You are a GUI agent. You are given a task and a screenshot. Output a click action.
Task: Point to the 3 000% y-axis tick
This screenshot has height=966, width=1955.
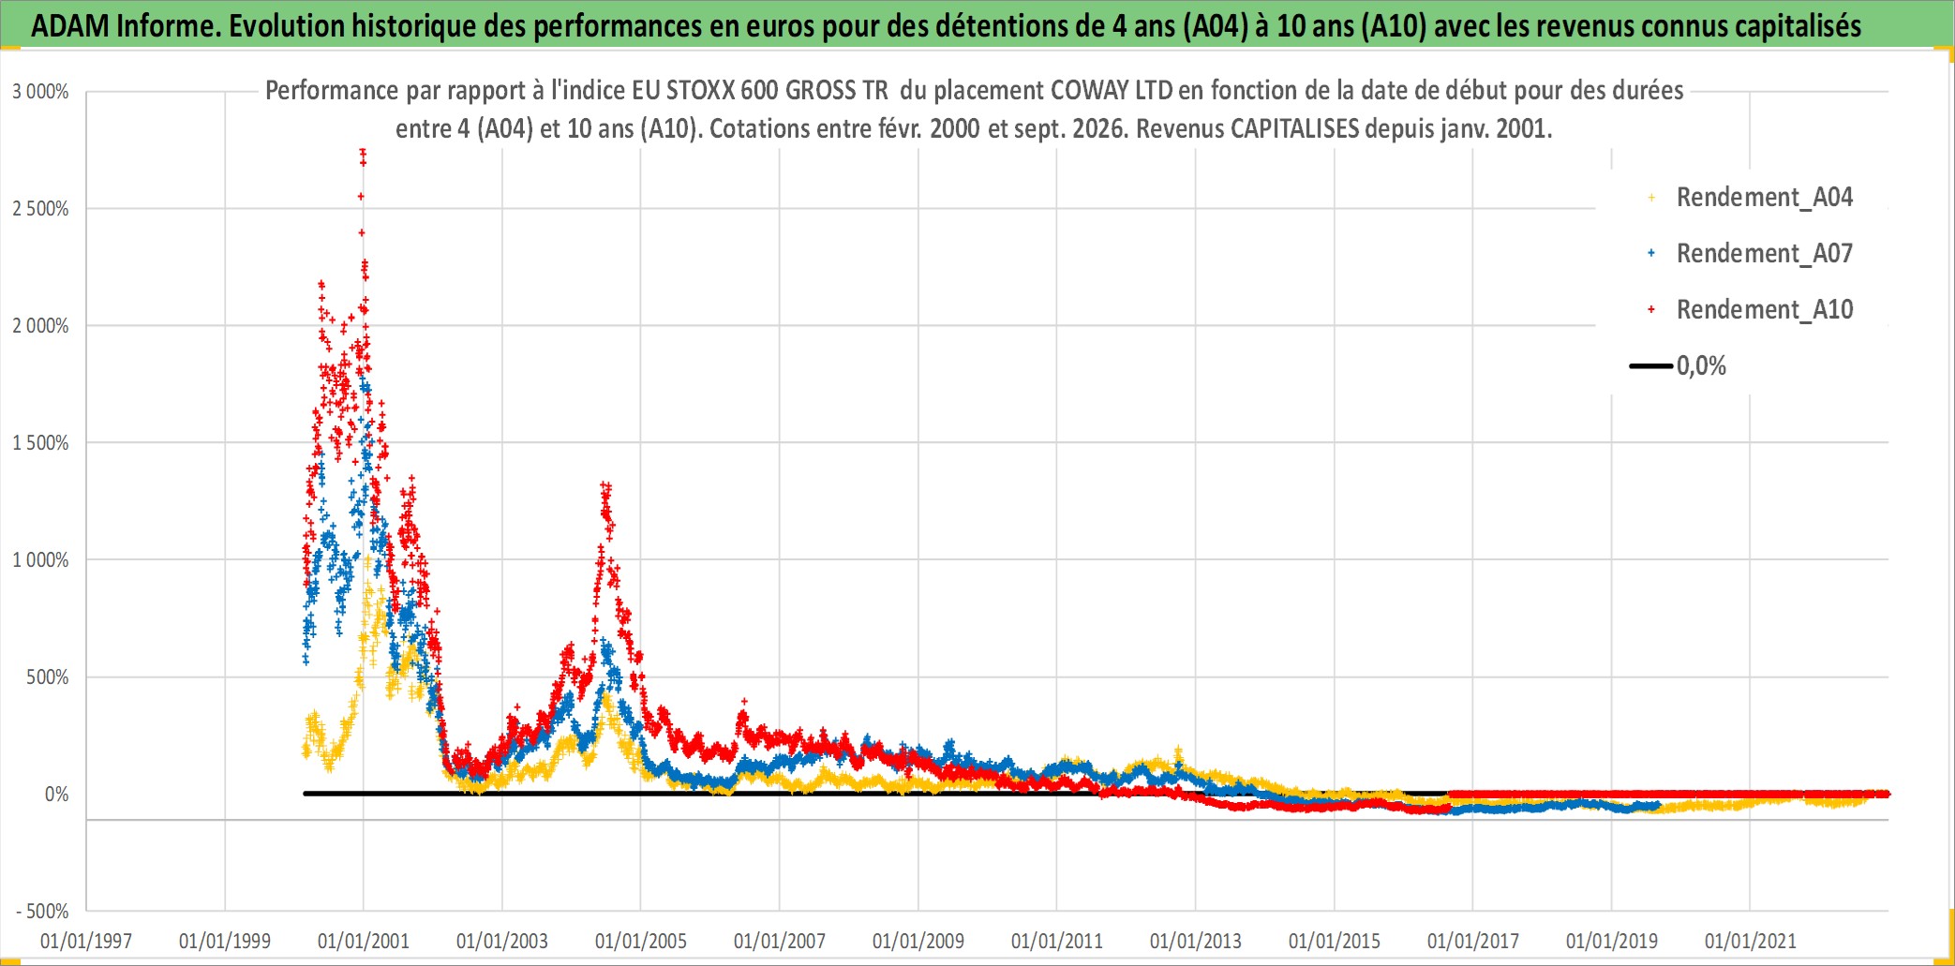(40, 92)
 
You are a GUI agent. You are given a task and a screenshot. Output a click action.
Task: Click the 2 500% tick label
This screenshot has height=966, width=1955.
(40, 209)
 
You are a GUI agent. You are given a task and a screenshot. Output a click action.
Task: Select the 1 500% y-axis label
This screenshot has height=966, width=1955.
(40, 443)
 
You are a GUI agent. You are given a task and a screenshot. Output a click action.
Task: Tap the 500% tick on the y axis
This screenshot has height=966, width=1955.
(48, 677)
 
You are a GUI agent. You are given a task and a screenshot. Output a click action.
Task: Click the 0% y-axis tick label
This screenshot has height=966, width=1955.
(57, 795)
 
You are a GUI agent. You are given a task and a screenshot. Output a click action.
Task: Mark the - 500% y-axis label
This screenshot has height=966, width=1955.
(43, 912)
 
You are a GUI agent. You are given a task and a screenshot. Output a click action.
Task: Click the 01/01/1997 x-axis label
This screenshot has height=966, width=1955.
(86, 941)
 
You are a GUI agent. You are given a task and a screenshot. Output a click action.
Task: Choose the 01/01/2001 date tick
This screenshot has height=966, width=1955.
(364, 941)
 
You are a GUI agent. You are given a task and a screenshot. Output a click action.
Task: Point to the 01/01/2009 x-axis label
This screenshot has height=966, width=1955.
(918, 941)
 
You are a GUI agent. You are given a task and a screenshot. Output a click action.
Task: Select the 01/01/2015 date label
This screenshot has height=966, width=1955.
(1335, 941)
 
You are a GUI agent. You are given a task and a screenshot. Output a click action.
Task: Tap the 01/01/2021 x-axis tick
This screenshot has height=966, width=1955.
(1751, 941)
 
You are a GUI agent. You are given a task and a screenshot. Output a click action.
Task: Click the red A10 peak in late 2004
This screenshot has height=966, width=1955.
(605, 485)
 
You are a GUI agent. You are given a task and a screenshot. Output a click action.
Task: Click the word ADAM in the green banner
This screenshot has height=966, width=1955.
(70, 25)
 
